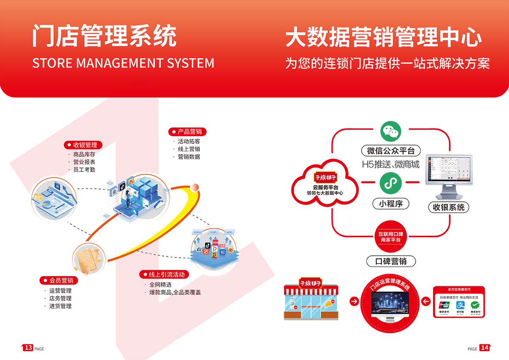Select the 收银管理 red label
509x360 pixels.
pyautogui.click(x=83, y=145)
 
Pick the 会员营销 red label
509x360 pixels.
pyautogui.click(x=59, y=280)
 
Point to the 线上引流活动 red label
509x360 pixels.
pyautogui.click(x=164, y=274)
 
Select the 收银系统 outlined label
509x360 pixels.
pyautogui.click(x=449, y=207)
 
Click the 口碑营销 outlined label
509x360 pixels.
pyautogui.click(x=391, y=261)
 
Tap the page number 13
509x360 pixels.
pyautogui.click(x=28, y=348)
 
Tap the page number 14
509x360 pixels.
pyautogui.click(x=484, y=348)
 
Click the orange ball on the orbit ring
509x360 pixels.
pyautogui.click(x=195, y=187)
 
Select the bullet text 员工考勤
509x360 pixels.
pyautogui.click(x=84, y=170)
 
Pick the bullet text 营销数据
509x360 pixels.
pyautogui.click(x=189, y=156)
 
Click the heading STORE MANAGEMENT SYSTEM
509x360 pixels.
pyautogui.click(x=123, y=63)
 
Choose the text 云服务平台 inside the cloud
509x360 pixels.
pyautogui.click(x=325, y=187)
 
